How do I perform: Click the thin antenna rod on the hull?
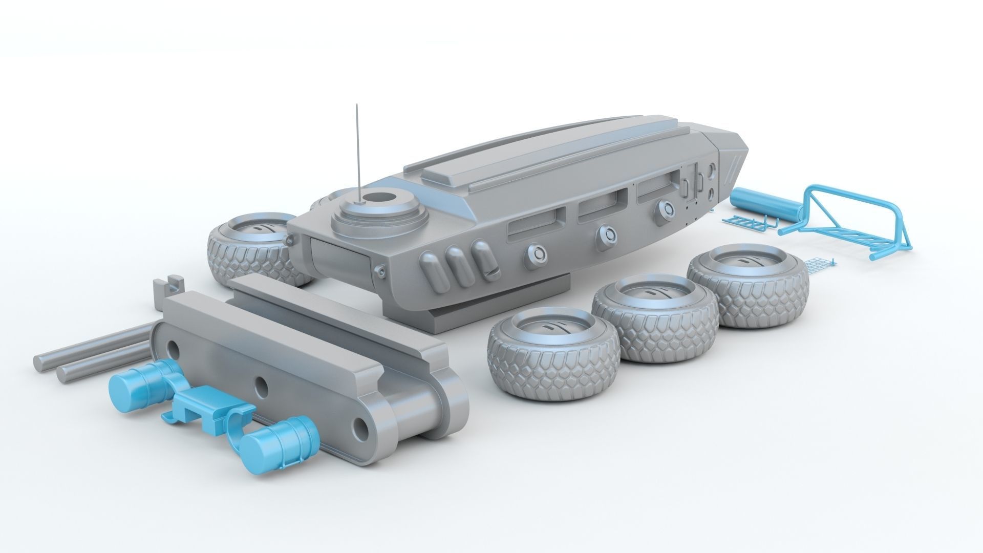[x=357, y=148]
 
